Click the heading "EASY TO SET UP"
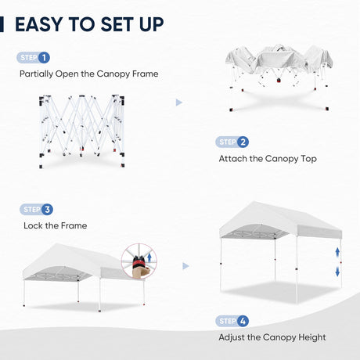point(89,23)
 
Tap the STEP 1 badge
point(34,58)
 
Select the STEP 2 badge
point(232,142)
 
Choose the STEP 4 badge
point(232,321)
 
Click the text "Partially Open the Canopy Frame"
point(88,74)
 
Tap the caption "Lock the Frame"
point(55,226)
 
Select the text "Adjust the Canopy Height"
point(272,338)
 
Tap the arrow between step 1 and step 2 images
point(179,102)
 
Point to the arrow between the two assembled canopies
point(185,266)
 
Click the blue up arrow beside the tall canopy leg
point(337,253)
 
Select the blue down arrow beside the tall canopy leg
point(337,271)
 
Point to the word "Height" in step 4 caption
point(310,338)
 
